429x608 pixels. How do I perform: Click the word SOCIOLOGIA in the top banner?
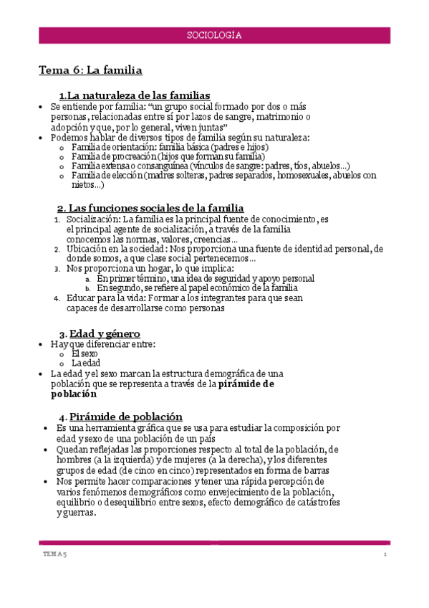(213, 34)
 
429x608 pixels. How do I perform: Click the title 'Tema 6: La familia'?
(90, 70)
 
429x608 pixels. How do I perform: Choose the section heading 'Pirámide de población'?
(125, 417)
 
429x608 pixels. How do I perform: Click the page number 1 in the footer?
(385, 554)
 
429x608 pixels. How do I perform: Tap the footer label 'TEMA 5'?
(52, 554)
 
